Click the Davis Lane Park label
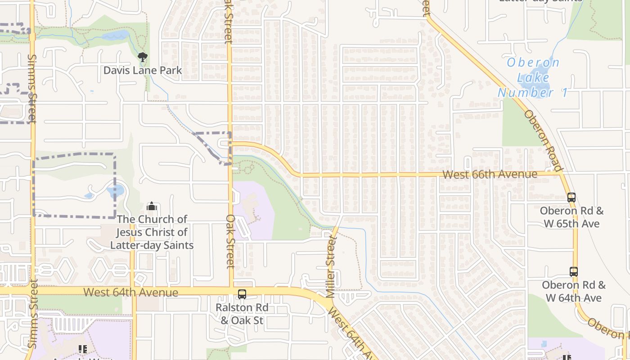coord(143,70)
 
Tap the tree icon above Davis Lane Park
coord(143,57)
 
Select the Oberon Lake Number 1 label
coord(533,77)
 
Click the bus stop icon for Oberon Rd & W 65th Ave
coord(571,197)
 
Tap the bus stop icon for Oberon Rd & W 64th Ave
coord(573,271)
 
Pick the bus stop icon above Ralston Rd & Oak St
coord(242,294)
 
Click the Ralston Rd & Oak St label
coord(242,314)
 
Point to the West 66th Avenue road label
coord(490,174)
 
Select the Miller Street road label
coord(331,269)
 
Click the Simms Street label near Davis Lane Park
coord(32,88)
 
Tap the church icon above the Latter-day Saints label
coord(152,207)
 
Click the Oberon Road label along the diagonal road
coord(543,141)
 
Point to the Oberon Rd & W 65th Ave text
coord(571,217)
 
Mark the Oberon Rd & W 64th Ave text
coord(574,291)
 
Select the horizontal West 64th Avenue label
coord(130,292)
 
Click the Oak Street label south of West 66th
coord(230,241)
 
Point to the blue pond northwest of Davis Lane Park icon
coord(116,36)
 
